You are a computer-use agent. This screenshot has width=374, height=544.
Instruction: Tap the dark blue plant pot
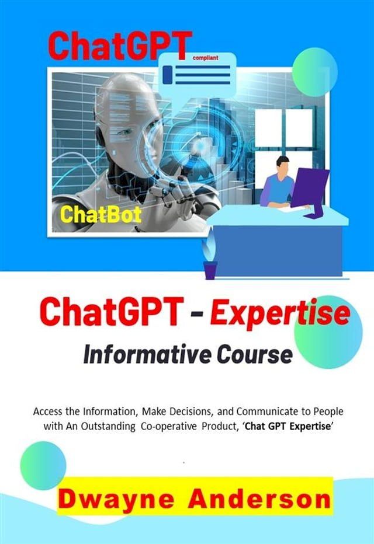coord(210,269)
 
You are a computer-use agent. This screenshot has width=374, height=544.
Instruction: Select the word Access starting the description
coord(48,411)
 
